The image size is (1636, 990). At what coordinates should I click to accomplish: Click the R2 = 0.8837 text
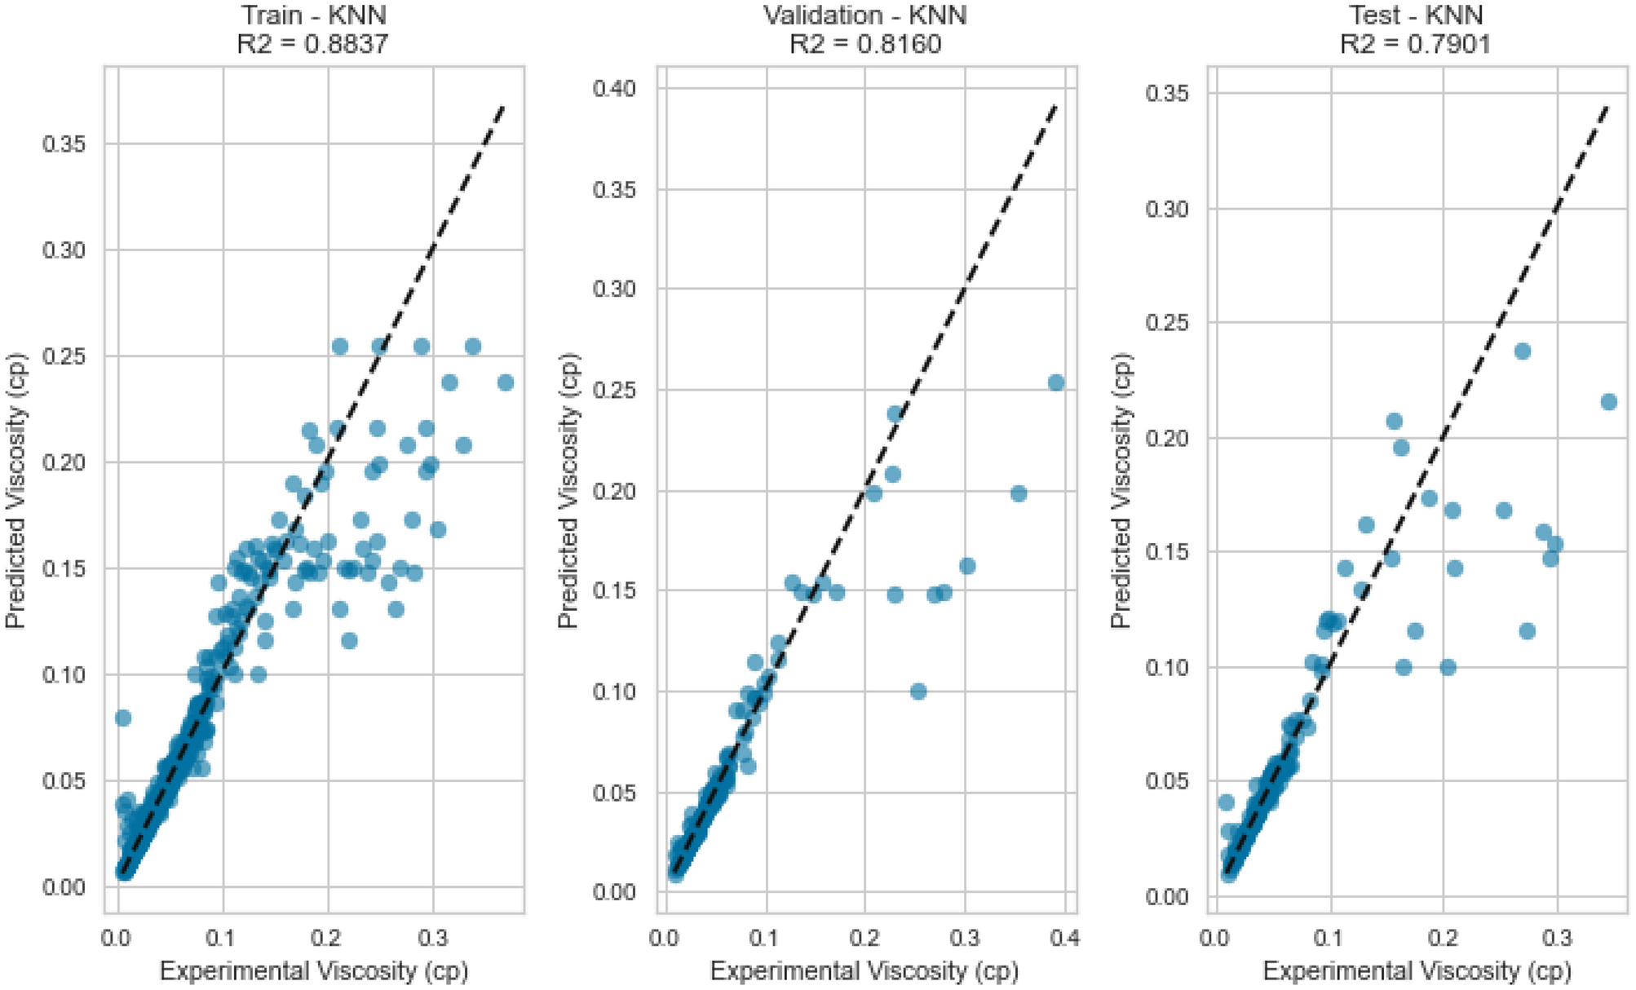coord(312,43)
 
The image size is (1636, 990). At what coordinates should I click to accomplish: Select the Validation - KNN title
coord(864,15)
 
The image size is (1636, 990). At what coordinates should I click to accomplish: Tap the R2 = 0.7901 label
coord(1416,43)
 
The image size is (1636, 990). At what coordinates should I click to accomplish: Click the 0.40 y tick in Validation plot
coord(614,88)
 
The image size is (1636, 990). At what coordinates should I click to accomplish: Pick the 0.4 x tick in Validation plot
coord(1064,939)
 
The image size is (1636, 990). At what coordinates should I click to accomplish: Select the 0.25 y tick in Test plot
coord(1166,323)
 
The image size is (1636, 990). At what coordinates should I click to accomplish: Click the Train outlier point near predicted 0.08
coord(123,718)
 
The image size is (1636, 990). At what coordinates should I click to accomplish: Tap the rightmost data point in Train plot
coord(505,382)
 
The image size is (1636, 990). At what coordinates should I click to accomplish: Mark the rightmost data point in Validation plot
coord(1055,382)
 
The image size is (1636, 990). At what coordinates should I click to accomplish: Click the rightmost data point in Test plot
coord(1608,402)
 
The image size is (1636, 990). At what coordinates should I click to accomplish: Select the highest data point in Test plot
coord(1522,351)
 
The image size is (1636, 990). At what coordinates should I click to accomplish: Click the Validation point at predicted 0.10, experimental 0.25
coord(918,692)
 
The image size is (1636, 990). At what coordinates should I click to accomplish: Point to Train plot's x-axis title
coord(314,971)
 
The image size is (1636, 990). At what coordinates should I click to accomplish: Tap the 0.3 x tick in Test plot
coord(1557,939)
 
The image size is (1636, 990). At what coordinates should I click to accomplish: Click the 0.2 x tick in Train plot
coord(328,939)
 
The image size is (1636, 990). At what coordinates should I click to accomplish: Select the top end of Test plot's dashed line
coord(1606,106)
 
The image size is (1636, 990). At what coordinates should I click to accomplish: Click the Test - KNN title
coord(1416,15)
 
